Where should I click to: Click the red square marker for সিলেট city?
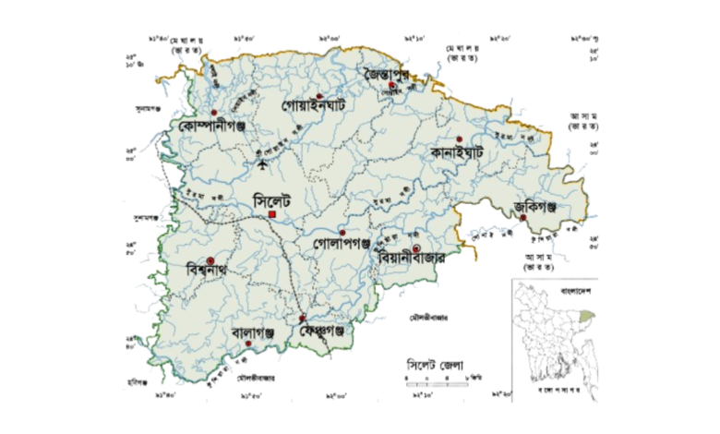coord(273,215)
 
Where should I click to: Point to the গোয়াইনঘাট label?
coord(313,107)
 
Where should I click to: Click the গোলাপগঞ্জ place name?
coord(342,246)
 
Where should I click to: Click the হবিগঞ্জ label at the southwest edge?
coord(138,381)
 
